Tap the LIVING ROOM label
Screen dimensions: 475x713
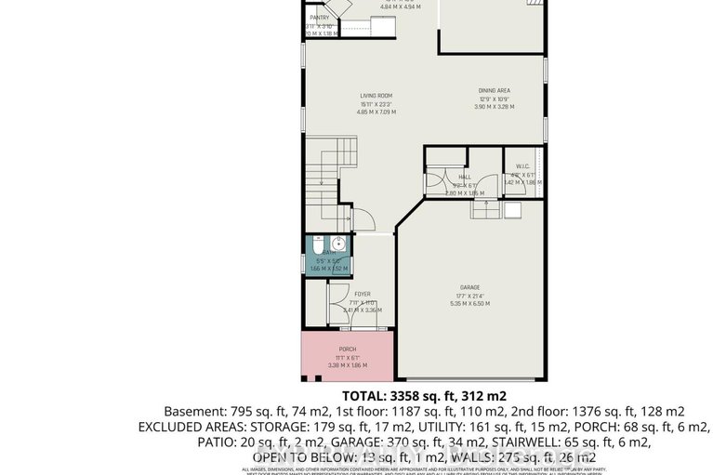(x=376, y=96)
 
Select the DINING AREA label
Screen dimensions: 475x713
(x=494, y=90)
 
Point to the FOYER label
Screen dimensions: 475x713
(x=362, y=294)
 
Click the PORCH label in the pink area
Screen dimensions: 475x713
(x=347, y=350)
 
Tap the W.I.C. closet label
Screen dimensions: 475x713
(x=522, y=166)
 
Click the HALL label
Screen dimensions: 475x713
(x=464, y=177)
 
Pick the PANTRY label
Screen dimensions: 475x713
(x=320, y=17)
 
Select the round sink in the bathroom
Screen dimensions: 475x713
(x=339, y=246)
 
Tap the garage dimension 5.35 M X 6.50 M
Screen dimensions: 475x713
(x=469, y=303)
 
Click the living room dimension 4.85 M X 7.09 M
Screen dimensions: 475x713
(x=376, y=112)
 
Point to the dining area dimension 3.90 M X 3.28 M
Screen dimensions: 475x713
(x=494, y=107)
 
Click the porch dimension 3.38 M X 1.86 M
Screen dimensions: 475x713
(x=347, y=365)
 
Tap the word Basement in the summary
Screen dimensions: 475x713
(x=196, y=411)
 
